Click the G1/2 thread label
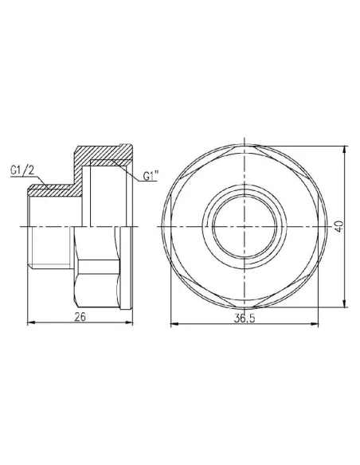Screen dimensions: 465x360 point(22,170)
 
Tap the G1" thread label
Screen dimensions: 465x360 point(151,177)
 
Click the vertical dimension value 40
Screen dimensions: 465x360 point(338,225)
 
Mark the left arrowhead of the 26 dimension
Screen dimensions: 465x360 point(30,322)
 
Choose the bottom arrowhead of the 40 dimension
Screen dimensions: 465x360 point(344,303)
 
